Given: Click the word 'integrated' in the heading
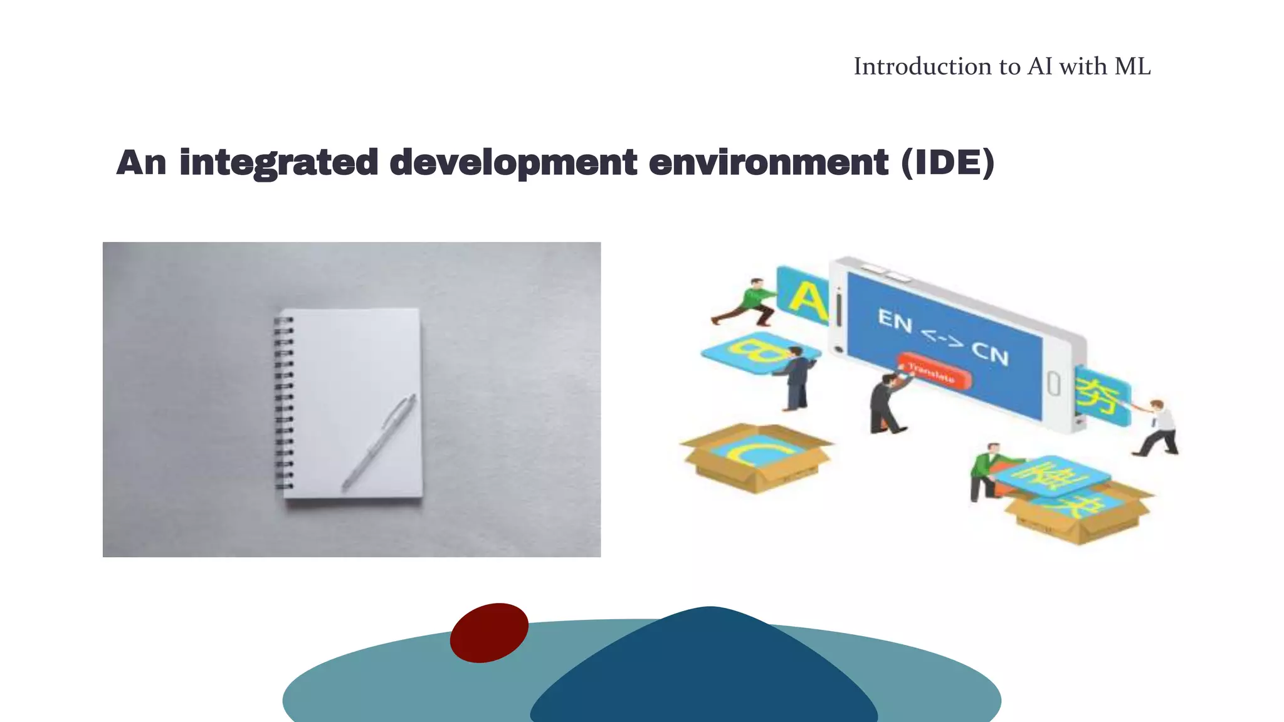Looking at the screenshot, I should (278, 163).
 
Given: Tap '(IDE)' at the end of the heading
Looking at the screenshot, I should (947, 163).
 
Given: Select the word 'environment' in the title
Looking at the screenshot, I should (768, 163).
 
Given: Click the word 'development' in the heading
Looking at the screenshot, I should (513, 163).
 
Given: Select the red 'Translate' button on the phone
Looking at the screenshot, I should (934, 371).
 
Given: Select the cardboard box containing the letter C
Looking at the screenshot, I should (757, 457).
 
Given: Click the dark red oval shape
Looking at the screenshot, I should (489, 632).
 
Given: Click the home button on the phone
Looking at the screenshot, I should (1054, 384).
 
